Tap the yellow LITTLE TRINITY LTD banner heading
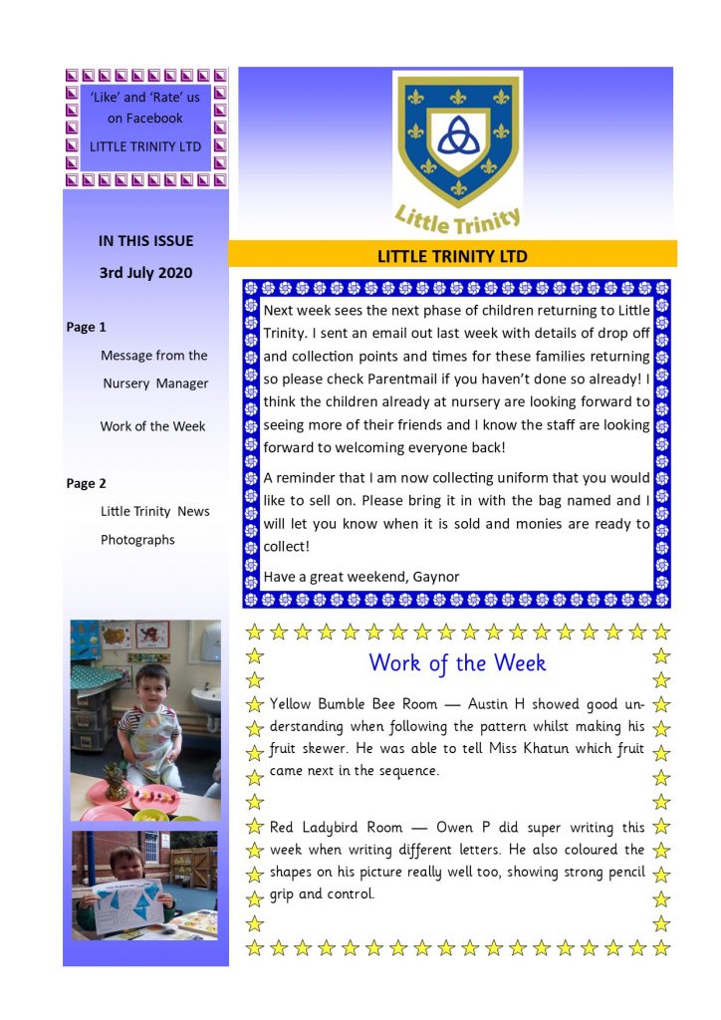coord(452,256)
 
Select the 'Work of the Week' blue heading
coord(457,662)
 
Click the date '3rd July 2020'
coord(145,272)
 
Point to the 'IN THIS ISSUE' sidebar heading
coord(145,240)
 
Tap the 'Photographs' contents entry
coord(137,540)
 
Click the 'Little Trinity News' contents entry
coord(155,511)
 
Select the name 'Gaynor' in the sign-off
coord(434,577)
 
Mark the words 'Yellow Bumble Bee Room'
coord(352,704)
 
